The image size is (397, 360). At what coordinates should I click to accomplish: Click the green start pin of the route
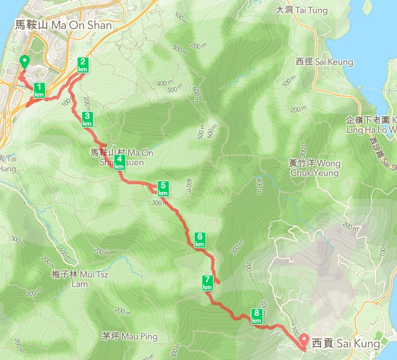coord(24,62)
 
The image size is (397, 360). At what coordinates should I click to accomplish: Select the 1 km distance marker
coord(39,90)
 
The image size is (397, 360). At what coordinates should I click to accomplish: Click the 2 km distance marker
coord(82,64)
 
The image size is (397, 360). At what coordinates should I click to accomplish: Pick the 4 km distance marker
coord(119,162)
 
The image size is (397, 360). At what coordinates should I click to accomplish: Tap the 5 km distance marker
coord(163,188)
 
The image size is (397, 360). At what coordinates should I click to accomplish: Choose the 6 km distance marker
coord(200,239)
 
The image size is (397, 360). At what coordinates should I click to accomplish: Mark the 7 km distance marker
coord(207,283)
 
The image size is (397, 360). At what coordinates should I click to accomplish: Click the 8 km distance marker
coord(257,316)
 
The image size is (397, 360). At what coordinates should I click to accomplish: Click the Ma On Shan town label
coord(63,25)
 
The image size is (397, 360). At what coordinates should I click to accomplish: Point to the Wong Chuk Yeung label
coord(315,168)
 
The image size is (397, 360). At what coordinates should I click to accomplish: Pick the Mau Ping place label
coord(129,337)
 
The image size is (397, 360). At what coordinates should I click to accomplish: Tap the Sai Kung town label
coord(346,344)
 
